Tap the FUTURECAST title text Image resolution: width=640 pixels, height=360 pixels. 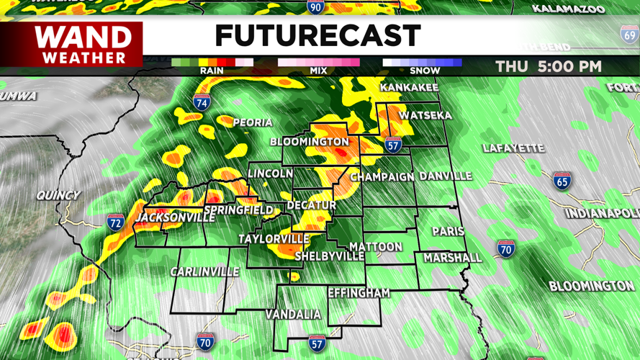pyautogui.click(x=317, y=36)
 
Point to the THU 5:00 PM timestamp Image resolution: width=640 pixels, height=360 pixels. pyautogui.click(x=548, y=67)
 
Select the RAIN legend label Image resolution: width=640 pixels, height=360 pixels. pyautogui.click(x=212, y=71)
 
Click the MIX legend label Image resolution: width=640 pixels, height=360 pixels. pyautogui.click(x=317, y=71)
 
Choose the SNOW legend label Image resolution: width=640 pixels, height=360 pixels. pyautogui.click(x=425, y=71)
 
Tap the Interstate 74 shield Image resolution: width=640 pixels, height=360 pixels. pyautogui.click(x=202, y=102)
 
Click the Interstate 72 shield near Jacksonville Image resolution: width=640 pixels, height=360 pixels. pyautogui.click(x=115, y=222)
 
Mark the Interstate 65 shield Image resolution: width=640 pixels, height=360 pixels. pyautogui.click(x=562, y=181)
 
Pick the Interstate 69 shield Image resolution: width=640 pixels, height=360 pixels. pyautogui.click(x=629, y=34)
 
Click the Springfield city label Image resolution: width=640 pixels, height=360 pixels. pyautogui.click(x=238, y=211)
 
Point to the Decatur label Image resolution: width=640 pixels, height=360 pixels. pyautogui.click(x=312, y=206)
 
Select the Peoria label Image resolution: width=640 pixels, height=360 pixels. pyautogui.click(x=253, y=123)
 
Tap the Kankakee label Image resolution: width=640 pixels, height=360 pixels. pyautogui.click(x=409, y=88)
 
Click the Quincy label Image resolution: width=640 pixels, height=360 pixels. pyautogui.click(x=58, y=195)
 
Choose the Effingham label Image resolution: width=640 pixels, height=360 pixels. pyautogui.click(x=359, y=293)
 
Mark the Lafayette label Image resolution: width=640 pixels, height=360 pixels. pyautogui.click(x=513, y=148)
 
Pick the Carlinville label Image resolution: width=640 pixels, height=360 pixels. pyautogui.click(x=204, y=272)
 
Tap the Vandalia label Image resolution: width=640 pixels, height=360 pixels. pyautogui.click(x=293, y=315)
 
